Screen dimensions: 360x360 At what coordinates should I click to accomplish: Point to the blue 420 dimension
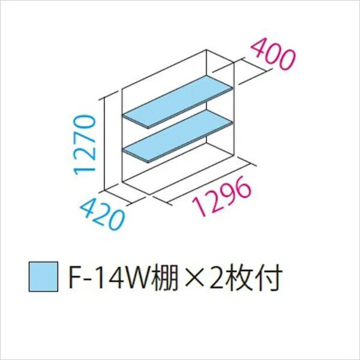point(102,215)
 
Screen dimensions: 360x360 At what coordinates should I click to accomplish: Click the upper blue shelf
point(178,101)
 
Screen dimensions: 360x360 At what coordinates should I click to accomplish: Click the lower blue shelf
point(178,136)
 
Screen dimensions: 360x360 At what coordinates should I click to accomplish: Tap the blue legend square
point(43,276)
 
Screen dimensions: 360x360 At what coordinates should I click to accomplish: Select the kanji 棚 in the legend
point(164,277)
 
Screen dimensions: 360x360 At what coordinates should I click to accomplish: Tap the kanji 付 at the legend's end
point(268,277)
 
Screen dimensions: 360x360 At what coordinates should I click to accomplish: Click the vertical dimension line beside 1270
point(105,144)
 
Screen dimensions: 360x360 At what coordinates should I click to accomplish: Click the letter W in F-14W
point(138,277)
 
